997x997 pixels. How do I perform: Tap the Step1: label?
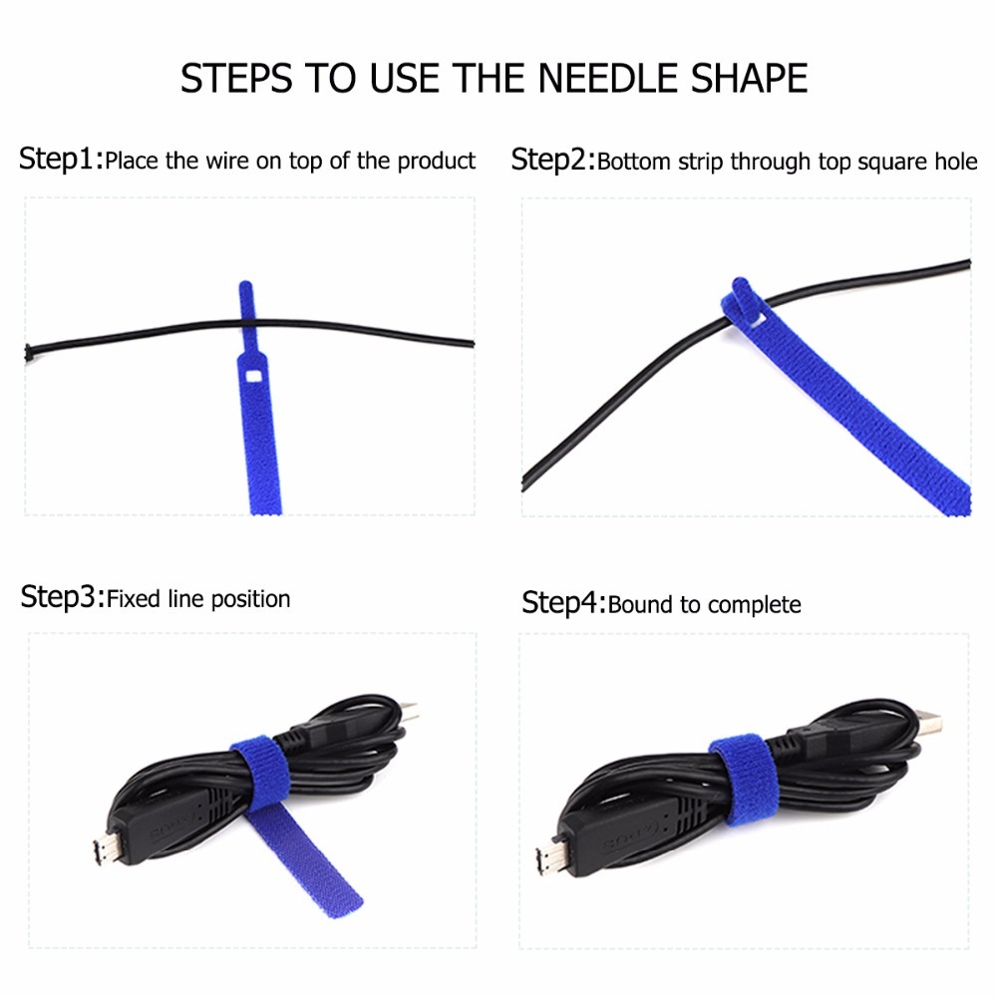[60, 160]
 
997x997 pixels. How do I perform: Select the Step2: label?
[552, 160]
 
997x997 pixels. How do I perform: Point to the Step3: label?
[62, 598]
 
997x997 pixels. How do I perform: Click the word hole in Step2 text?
[954, 162]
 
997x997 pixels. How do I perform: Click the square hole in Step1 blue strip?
[251, 376]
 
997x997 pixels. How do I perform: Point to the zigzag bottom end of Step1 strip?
[260, 507]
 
